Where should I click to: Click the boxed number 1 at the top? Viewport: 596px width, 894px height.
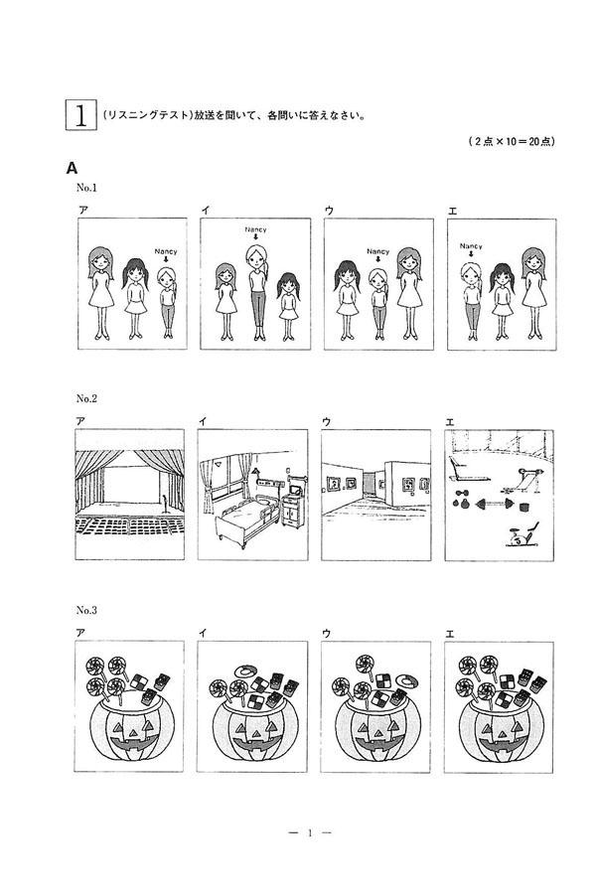80,115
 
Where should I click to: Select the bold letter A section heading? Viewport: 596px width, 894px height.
72,168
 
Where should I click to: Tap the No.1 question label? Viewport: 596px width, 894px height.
87,188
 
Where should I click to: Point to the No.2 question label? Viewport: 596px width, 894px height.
86,398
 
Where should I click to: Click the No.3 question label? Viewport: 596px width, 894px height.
86,610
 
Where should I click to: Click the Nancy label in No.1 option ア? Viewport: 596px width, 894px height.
166,251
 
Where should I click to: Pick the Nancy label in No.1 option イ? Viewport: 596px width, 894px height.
255,229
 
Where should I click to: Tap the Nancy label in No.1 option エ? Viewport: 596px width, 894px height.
471,246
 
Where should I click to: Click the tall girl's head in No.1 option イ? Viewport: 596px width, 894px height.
256,255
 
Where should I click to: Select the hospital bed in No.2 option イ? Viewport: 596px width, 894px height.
247,519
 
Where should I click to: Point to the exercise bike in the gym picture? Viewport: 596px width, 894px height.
521,535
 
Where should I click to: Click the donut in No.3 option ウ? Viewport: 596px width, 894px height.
406,680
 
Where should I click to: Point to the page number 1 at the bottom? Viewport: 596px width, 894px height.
310,833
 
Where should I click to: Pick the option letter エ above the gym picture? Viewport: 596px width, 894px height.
450,422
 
